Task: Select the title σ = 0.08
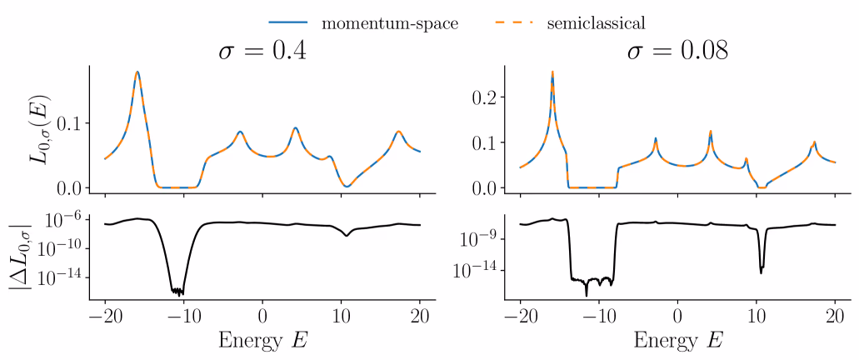pos(677,52)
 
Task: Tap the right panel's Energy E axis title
pos(677,340)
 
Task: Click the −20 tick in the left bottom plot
pos(104,317)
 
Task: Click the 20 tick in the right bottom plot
pos(834,317)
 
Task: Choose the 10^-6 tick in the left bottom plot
pos(71,219)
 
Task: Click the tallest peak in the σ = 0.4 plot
pos(137,72)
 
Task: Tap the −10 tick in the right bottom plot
pos(598,317)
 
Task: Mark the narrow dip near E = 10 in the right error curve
pos(761,271)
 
